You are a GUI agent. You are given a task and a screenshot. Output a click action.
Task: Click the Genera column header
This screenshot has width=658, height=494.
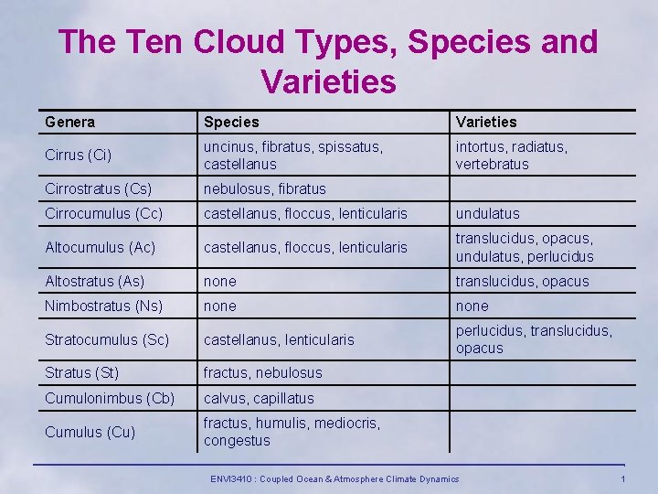tap(69, 122)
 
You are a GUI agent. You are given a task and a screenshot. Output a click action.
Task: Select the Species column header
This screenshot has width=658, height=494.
tap(231, 122)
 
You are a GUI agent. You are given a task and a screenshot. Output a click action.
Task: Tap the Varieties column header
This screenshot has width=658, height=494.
tap(486, 122)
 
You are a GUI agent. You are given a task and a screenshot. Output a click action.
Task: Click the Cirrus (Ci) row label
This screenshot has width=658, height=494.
tap(79, 156)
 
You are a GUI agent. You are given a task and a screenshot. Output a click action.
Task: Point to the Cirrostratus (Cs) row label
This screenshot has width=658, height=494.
tap(98, 189)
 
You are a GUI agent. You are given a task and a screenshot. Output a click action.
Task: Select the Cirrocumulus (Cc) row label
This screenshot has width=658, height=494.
tap(103, 213)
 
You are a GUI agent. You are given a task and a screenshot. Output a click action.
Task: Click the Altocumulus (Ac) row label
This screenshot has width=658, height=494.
tap(100, 248)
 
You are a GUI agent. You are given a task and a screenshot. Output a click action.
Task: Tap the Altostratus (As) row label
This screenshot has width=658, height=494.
tap(94, 282)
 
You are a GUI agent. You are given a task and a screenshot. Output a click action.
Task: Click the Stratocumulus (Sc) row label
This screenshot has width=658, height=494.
tap(107, 339)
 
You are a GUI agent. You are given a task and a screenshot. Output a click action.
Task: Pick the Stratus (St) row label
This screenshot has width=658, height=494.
tap(82, 373)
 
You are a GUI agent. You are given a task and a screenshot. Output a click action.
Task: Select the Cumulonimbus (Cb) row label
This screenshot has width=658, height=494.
tap(110, 398)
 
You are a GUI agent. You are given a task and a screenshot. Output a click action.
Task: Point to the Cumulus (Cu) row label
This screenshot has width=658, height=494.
tap(90, 432)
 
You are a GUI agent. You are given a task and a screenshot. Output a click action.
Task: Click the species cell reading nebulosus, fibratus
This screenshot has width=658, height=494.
tap(264, 189)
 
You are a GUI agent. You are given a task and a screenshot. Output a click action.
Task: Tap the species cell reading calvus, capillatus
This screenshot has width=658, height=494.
tap(259, 398)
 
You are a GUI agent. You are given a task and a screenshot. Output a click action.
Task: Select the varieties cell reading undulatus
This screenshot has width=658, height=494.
tap(488, 213)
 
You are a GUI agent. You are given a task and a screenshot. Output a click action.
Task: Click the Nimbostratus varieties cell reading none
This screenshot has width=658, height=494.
tap(472, 306)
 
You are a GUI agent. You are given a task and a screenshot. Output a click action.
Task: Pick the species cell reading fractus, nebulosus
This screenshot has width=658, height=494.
tap(263, 373)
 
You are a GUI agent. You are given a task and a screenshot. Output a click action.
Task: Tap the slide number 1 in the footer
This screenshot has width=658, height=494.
tap(622, 479)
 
